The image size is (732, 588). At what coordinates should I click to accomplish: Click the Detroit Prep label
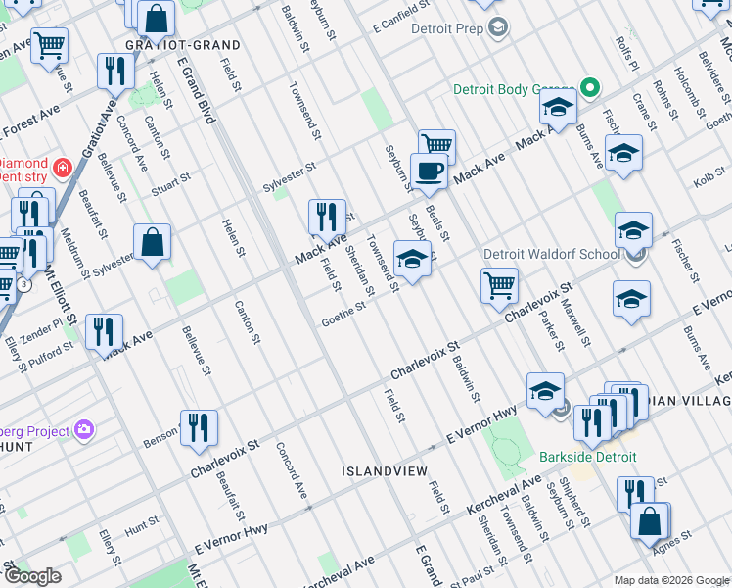click(447, 28)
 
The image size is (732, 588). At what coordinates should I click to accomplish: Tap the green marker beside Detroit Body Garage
click(589, 89)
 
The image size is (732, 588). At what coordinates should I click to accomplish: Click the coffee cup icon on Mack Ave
click(429, 172)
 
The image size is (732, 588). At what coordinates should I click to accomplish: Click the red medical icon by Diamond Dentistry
click(62, 169)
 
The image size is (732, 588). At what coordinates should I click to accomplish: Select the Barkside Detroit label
click(587, 458)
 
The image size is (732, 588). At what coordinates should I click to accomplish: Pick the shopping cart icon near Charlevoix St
click(499, 286)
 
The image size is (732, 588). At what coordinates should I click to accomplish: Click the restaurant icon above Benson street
click(199, 427)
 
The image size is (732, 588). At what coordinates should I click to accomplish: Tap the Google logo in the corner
click(32, 576)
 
